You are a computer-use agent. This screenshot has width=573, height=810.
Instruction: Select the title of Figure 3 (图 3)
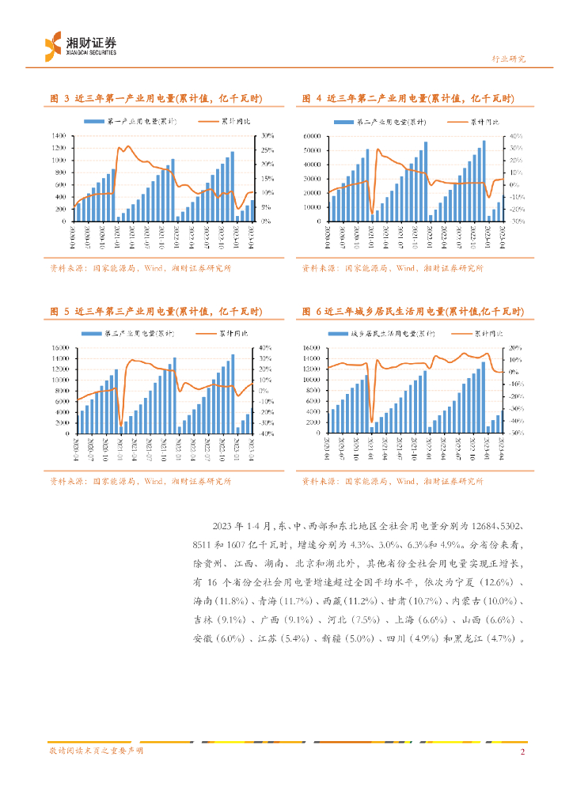[157, 99]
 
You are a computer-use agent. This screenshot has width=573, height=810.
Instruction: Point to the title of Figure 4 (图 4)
[408, 99]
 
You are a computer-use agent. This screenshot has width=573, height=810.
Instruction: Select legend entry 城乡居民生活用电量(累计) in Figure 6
[393, 335]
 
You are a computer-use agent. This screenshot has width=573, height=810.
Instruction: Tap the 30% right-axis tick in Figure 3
[268, 136]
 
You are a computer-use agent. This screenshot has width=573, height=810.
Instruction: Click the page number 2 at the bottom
[523, 751]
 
